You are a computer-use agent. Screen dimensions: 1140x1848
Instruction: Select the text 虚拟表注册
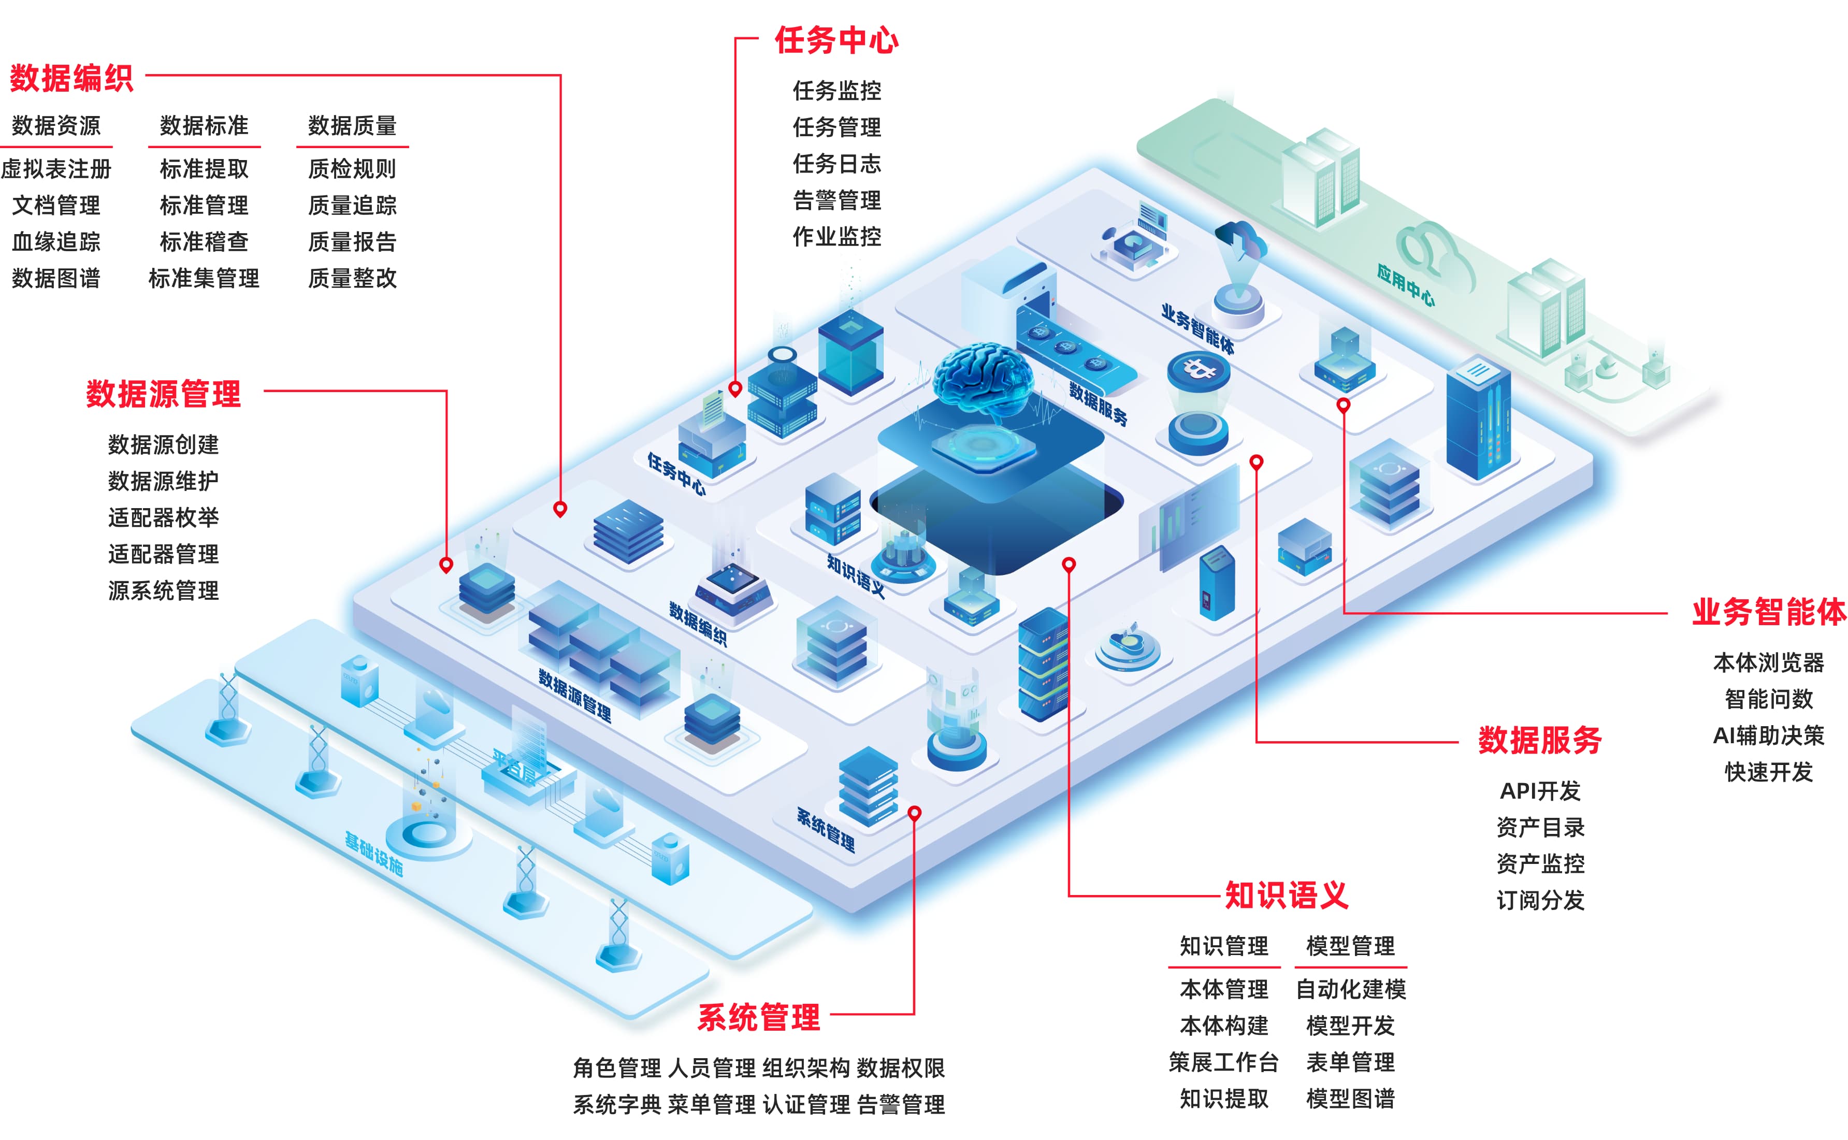coord(56,169)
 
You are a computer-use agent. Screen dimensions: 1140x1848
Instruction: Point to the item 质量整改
coord(352,278)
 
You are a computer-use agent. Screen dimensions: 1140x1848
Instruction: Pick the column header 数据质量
coord(352,125)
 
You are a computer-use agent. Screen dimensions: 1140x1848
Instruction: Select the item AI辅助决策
coord(1768,735)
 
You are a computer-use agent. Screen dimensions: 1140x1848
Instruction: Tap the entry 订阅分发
coord(1540,900)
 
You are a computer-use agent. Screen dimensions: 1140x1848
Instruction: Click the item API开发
coord(1540,791)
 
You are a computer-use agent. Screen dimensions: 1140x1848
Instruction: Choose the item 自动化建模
coord(1350,989)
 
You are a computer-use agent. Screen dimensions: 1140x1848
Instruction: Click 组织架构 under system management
coord(806,1069)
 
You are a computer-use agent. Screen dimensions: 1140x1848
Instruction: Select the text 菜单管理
coord(711,1105)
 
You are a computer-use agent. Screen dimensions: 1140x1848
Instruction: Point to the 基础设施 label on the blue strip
coord(374,854)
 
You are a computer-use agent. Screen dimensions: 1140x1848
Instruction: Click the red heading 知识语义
coord(1286,896)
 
